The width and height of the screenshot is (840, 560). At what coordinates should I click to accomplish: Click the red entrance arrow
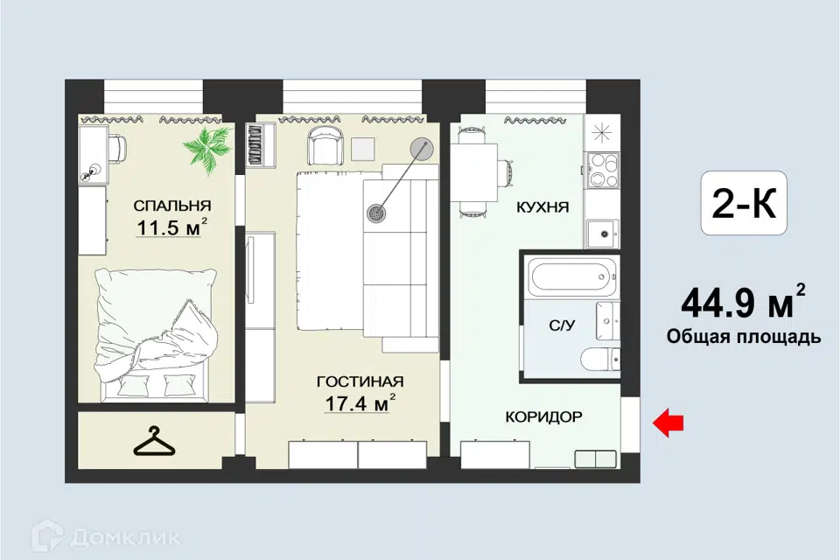pos(668,423)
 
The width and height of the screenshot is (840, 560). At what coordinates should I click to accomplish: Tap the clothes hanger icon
pos(154,442)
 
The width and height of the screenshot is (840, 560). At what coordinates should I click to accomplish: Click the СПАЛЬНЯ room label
pos(172,206)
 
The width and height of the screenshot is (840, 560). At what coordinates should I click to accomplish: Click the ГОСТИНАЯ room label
pos(360,381)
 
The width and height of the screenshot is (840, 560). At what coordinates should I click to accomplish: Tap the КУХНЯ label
pos(542,207)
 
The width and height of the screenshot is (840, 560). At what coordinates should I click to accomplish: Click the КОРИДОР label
pos(543,416)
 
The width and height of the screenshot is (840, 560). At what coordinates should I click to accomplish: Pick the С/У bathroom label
pos(562,325)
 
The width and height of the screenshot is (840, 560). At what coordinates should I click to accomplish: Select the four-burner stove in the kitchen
pos(603,170)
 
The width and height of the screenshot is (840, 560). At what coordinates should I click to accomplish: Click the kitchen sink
pos(603,234)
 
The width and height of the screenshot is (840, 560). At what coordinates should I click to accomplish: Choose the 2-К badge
pos(744,203)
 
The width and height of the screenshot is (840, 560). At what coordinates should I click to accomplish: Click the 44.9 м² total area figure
pos(743,302)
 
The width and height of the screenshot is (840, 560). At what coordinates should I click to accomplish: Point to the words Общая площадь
pos(744,337)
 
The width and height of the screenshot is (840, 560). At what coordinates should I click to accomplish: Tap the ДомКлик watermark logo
pos(106,535)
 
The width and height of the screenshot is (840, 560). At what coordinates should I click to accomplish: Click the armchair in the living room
pos(324,143)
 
